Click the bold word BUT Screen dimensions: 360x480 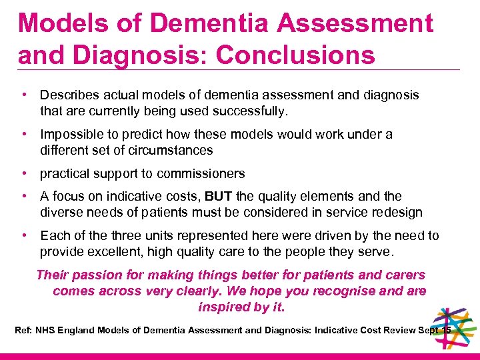219,197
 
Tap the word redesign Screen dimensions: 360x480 397,213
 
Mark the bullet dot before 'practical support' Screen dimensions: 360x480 23,174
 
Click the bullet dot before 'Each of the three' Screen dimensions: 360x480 23,235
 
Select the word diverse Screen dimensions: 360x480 61,213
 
